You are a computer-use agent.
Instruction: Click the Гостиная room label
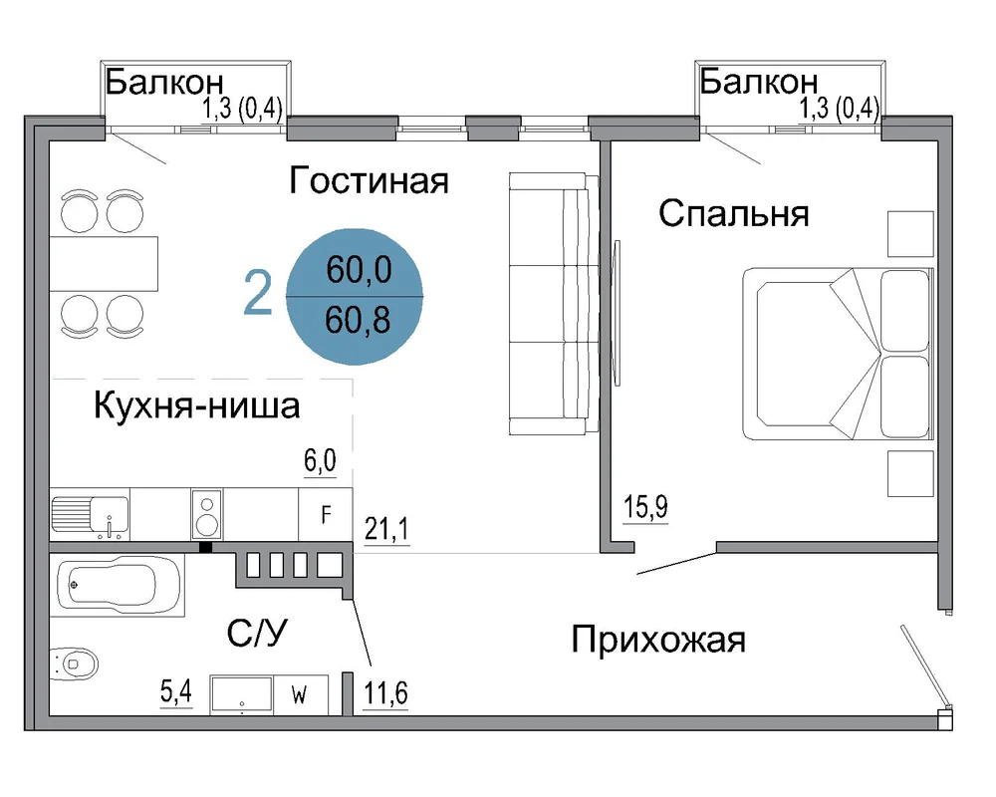[370, 180]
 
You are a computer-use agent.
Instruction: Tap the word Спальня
[734, 213]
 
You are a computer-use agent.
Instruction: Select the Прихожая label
[658, 640]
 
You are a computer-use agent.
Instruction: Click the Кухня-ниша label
[197, 405]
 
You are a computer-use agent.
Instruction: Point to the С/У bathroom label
[257, 633]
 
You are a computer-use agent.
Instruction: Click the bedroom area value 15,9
[645, 507]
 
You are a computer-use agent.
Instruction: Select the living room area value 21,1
[386, 528]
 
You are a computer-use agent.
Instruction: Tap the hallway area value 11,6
[385, 692]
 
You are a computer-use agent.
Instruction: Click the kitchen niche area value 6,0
[320, 461]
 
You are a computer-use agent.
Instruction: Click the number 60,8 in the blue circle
[358, 320]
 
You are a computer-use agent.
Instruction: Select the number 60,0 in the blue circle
[359, 269]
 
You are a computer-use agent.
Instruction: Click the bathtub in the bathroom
[118, 585]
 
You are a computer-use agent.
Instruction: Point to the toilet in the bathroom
[74, 664]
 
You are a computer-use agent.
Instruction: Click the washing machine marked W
[301, 694]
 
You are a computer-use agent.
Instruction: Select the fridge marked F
[326, 514]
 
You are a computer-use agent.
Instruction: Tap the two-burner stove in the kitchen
[207, 514]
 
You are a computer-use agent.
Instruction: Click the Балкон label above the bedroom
[759, 82]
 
